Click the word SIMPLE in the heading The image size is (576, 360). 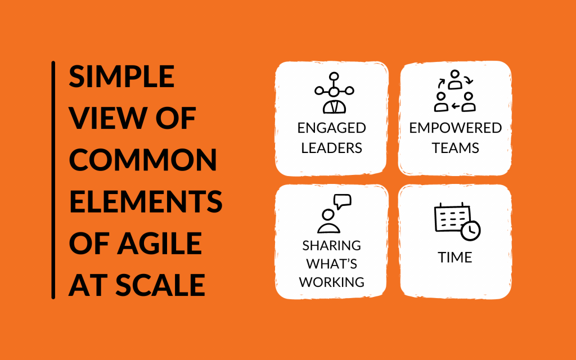coord(121,76)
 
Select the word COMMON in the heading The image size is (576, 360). coord(143,160)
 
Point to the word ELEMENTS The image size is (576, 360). coord(146,201)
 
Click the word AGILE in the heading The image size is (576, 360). coord(159,243)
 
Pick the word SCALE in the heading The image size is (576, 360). coord(160,285)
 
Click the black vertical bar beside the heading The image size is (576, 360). coord(53,180)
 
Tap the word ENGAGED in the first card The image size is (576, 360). coord(332,128)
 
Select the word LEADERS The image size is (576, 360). coord(332,148)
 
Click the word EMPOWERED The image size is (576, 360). coord(456,128)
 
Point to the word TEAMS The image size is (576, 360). coord(456,148)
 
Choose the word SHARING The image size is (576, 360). coord(332,245)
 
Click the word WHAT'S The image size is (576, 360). coord(332,264)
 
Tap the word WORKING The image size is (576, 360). coord(332,282)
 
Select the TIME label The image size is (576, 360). coord(454,258)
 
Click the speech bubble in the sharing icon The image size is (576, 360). coord(343,201)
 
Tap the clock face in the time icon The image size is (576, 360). coord(471,231)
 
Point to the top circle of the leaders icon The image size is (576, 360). coord(334,76)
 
